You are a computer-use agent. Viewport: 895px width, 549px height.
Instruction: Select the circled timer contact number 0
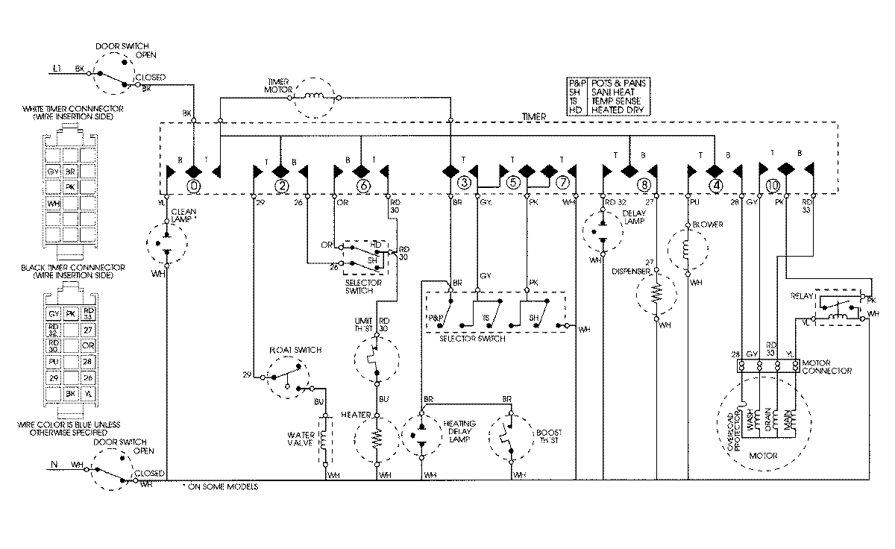click(x=194, y=185)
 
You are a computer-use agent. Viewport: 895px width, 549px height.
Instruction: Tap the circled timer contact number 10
click(x=773, y=185)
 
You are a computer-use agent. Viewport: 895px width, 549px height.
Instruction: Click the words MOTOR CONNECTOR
click(x=829, y=366)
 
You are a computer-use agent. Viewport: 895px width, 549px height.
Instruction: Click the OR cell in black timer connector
click(x=89, y=345)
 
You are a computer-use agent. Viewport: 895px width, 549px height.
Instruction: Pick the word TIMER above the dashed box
click(x=534, y=117)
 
